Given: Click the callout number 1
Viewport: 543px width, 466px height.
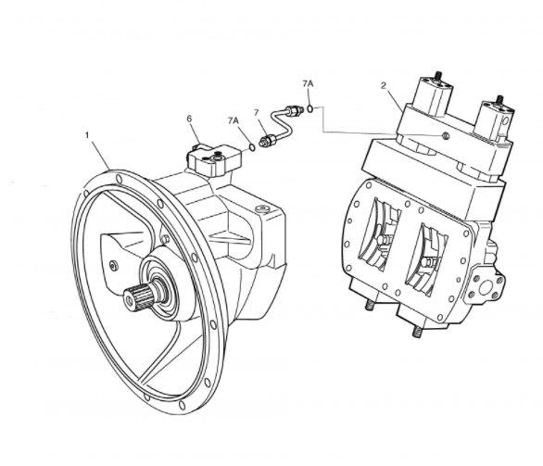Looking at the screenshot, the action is pos(87,135).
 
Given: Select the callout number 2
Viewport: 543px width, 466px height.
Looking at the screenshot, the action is pos(384,85).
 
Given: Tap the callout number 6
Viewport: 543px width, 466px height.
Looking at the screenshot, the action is pos(189,119).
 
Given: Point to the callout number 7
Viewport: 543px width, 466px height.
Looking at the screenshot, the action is pos(257,112).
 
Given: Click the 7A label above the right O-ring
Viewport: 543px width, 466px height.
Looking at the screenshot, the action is pos(308,83).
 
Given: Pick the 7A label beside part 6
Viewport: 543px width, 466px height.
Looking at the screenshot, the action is pos(234,120).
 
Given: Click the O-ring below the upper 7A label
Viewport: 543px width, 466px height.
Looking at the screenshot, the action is pos(310,108).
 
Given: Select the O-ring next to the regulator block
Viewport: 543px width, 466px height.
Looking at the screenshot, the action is pos(252,148).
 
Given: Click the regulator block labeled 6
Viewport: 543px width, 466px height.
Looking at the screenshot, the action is pos(214,158).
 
